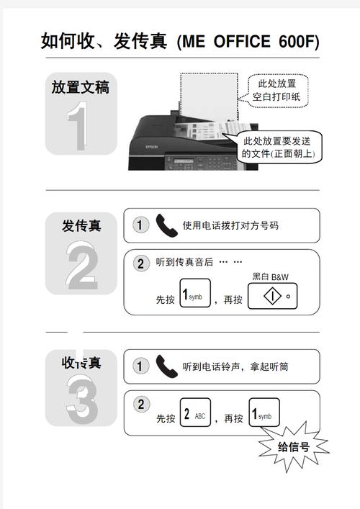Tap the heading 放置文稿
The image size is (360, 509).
[x=80, y=88]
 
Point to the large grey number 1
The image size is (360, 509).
[x=80, y=127]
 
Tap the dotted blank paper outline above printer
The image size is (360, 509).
[x=209, y=94]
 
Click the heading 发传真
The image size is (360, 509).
[x=81, y=225]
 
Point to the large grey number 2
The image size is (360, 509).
[x=81, y=266]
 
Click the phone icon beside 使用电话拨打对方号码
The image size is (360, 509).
[x=166, y=225]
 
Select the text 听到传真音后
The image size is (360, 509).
[x=185, y=262]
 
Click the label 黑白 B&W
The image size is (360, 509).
[x=270, y=276]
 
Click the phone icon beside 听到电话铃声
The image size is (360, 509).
[x=166, y=366]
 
